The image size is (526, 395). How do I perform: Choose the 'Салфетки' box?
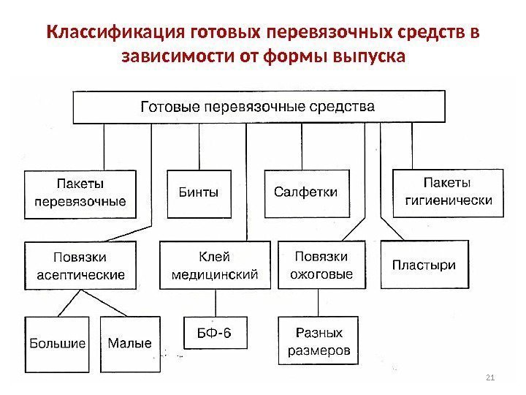click(305, 193)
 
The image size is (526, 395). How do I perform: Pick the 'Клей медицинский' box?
click(214, 266)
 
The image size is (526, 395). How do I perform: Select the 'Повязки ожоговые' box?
click(321, 266)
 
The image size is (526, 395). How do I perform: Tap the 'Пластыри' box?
click(424, 265)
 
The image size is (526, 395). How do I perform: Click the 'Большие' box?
click(57, 344)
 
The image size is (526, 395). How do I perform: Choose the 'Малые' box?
click(129, 344)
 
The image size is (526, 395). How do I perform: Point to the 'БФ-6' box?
click(214, 333)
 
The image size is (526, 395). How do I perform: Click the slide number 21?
click(490, 377)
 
